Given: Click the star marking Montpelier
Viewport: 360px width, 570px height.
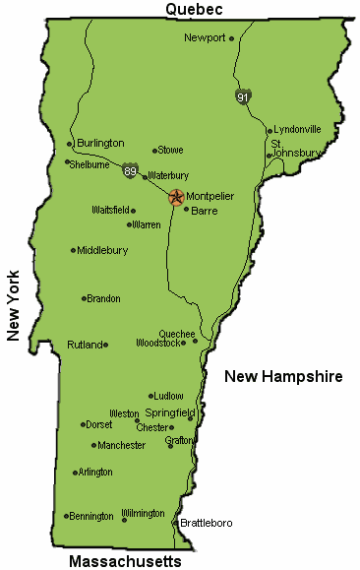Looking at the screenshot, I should tap(176, 197).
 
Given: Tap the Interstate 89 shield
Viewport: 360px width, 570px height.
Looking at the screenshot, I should tap(131, 171).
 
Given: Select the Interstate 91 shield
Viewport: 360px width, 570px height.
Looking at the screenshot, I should tap(242, 96).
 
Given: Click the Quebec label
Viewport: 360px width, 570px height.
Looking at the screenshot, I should tap(194, 9).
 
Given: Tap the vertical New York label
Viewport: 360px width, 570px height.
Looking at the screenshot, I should tap(14, 305).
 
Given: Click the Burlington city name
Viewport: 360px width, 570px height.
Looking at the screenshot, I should tap(100, 143).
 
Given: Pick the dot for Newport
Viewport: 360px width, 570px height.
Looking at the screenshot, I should tap(232, 38).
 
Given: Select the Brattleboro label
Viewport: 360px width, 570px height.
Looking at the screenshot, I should tap(207, 523).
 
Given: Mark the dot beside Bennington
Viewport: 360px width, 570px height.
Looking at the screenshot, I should tap(66, 516).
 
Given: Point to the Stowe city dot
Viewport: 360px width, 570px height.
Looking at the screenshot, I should tap(154, 151).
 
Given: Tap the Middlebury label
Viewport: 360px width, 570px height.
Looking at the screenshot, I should tap(102, 250).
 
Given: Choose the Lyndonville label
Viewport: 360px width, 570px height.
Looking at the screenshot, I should tap(297, 129).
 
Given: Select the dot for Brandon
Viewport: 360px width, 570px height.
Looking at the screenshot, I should tap(84, 298).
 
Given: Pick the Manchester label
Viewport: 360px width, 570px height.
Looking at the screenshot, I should tap(122, 445).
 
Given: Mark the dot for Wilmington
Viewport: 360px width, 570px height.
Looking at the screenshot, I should tap(124, 519).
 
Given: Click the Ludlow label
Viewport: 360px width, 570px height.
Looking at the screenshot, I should tap(169, 396).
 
